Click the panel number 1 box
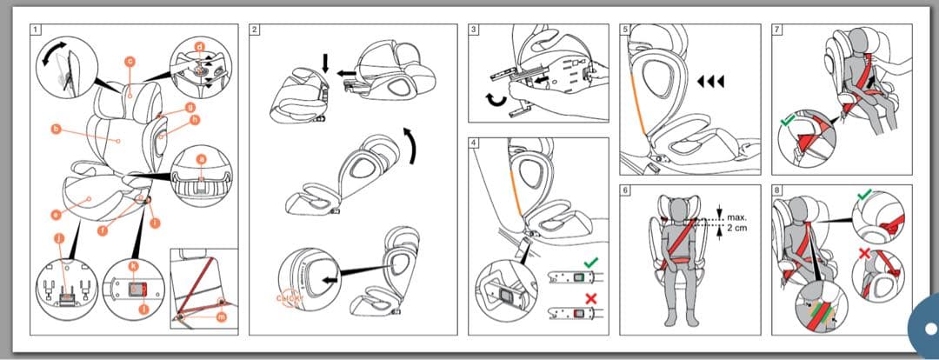pos(36,30)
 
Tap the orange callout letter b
pos(57,130)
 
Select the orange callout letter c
pos(130,61)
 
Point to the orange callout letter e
pos(56,213)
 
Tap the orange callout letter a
pos(202,159)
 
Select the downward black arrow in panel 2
pos(325,63)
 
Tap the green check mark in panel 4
pos(591,261)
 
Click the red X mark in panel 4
pos(591,298)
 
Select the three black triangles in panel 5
pos(711,83)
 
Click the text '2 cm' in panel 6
pos(738,226)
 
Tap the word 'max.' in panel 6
pos(737,216)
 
